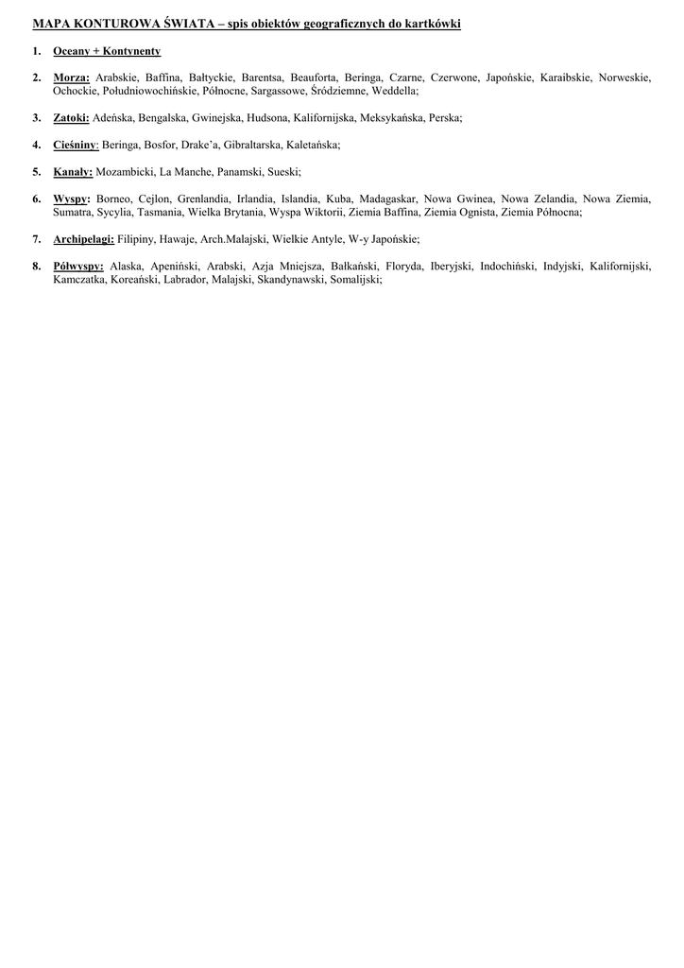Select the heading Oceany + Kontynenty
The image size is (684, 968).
(107, 51)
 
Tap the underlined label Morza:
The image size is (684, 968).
(71, 78)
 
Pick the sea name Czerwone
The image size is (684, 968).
(454, 78)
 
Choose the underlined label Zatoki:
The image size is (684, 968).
(71, 118)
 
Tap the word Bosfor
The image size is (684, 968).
(147, 145)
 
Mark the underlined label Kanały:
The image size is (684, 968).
(73, 172)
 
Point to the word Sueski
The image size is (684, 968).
(284, 172)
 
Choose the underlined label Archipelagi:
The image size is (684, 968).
(83, 240)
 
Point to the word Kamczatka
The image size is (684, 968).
(78, 281)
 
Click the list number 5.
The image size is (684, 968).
(36, 172)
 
